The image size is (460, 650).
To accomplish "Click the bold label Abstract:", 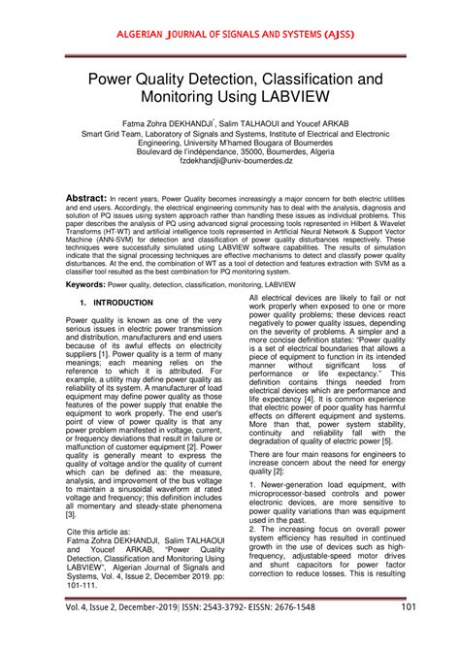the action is (86, 196).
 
